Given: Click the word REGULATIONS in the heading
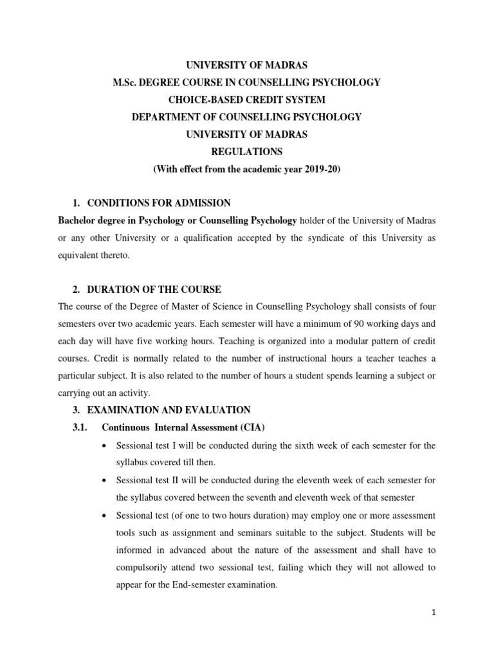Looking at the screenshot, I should point(246,152).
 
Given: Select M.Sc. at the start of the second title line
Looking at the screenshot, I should point(126,82).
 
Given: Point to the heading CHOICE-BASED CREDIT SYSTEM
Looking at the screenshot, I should point(246,100).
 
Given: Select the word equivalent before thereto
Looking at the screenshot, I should point(80,255).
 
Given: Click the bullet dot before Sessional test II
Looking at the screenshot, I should point(104,481).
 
